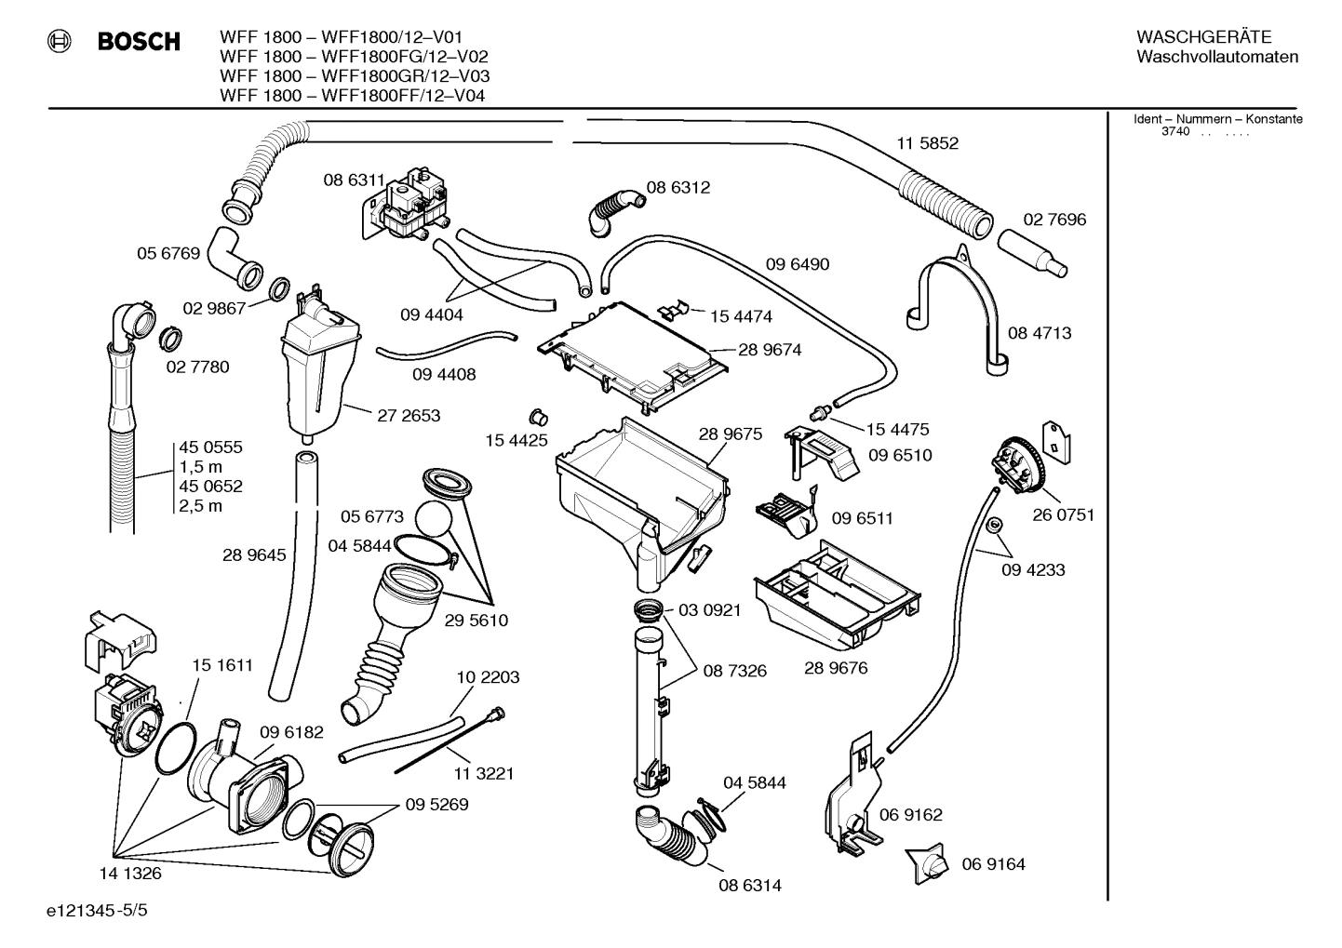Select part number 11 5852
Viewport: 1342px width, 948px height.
coord(927,143)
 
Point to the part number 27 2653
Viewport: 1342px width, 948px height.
coord(409,415)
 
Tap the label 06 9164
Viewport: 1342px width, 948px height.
coord(993,864)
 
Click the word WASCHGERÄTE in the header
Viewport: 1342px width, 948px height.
coord(1203,37)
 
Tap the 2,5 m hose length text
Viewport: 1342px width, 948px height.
coord(200,506)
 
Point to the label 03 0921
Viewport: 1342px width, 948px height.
coord(709,610)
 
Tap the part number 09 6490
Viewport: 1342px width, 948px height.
coord(798,264)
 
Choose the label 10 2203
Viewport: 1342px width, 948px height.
coord(488,677)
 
